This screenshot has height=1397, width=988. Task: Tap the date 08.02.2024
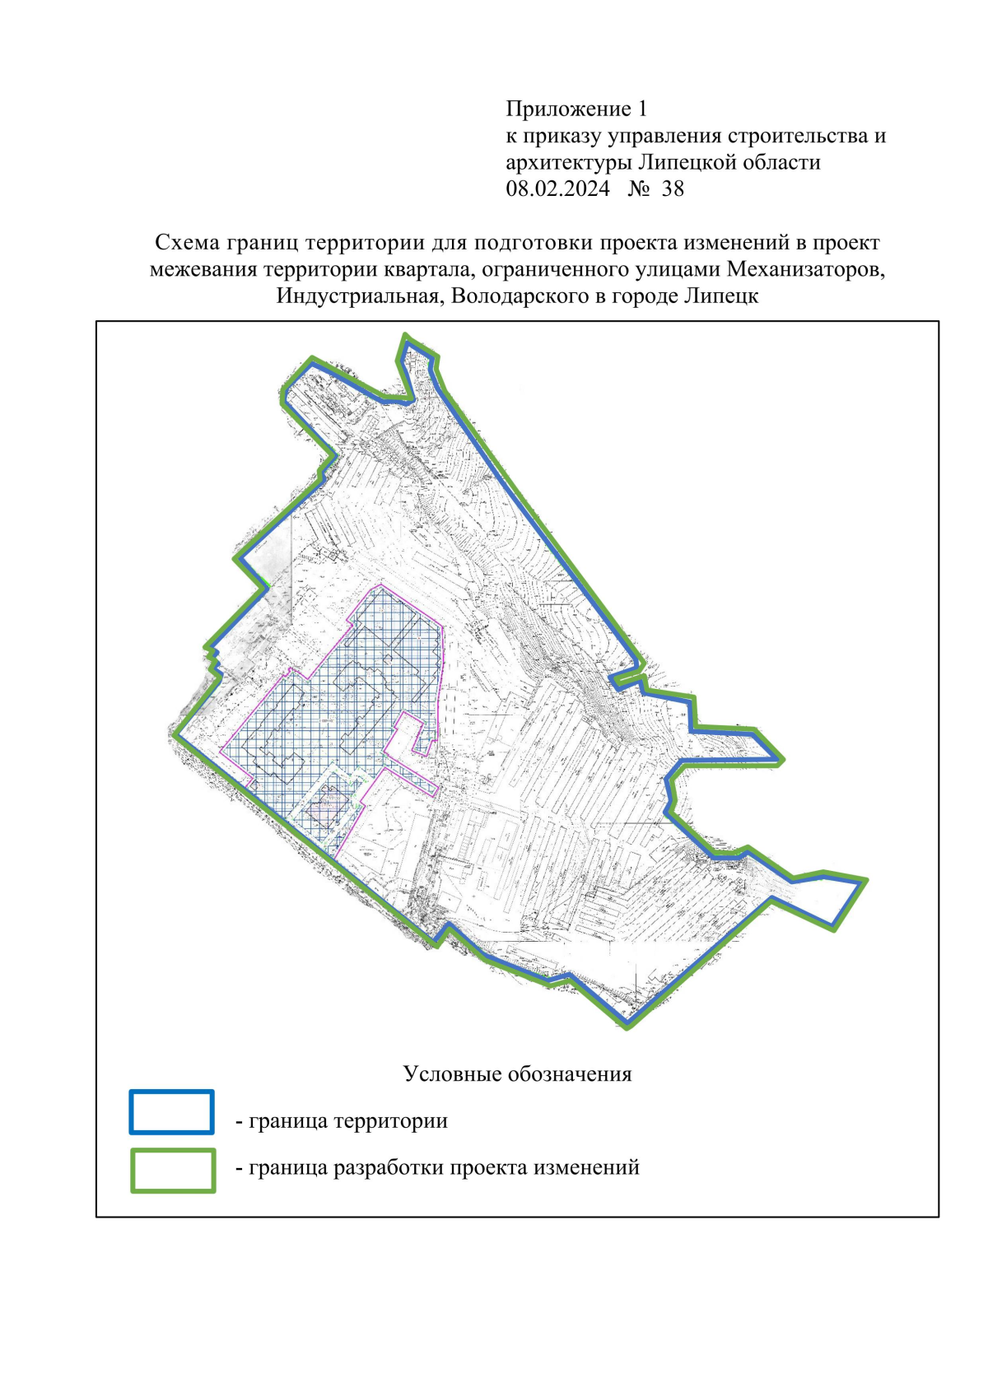[557, 189]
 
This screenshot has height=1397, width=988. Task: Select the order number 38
[673, 189]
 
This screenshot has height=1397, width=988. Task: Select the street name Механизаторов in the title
[804, 269]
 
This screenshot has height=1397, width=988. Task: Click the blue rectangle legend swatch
[171, 1112]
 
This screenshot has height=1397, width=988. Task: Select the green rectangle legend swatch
[173, 1171]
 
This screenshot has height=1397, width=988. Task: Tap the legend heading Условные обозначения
[517, 1074]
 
